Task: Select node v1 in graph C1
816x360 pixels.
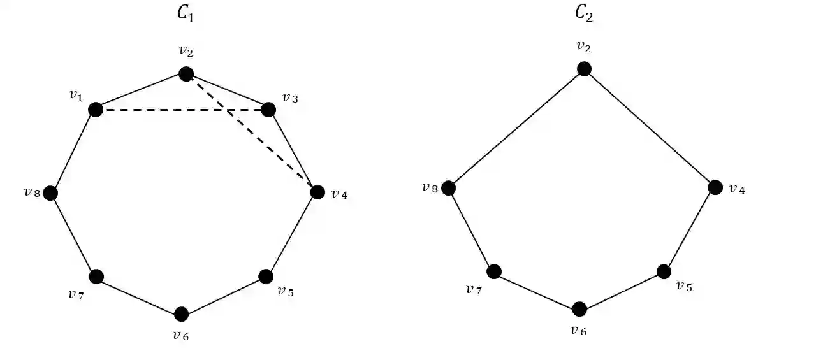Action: click(x=96, y=110)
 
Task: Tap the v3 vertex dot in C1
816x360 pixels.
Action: click(x=268, y=110)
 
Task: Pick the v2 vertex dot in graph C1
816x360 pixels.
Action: click(x=186, y=74)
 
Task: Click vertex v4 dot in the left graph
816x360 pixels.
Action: click(x=317, y=191)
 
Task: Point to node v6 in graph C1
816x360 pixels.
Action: click(x=181, y=314)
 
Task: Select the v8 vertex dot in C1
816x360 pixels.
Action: click(x=50, y=193)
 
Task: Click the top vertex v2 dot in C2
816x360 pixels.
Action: click(x=584, y=69)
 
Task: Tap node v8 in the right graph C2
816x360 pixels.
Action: click(x=449, y=188)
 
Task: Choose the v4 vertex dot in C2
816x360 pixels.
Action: click(x=715, y=187)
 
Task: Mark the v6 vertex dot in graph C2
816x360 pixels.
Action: click(x=579, y=309)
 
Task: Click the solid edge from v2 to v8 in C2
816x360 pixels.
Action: click(x=516, y=128)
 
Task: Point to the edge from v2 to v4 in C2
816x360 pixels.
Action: click(x=650, y=128)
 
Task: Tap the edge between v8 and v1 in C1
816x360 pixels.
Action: click(x=73, y=152)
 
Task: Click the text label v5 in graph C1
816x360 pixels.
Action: click(x=286, y=292)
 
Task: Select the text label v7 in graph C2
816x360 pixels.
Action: click(x=474, y=290)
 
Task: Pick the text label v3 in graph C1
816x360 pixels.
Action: click(x=289, y=99)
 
